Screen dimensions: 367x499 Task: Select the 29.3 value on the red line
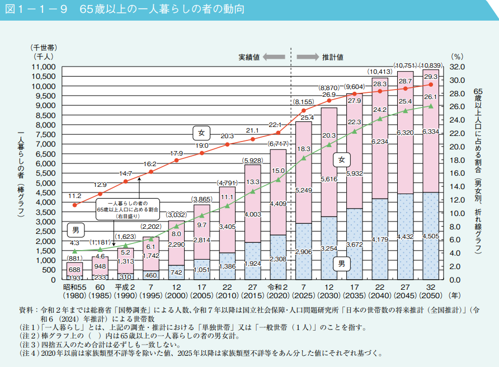431,77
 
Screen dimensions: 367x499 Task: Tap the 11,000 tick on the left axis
44,67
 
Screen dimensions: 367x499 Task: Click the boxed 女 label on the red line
201,133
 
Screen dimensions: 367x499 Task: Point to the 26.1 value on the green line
431,97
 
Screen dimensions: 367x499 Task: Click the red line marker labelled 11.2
75,205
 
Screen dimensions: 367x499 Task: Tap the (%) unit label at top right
457,57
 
